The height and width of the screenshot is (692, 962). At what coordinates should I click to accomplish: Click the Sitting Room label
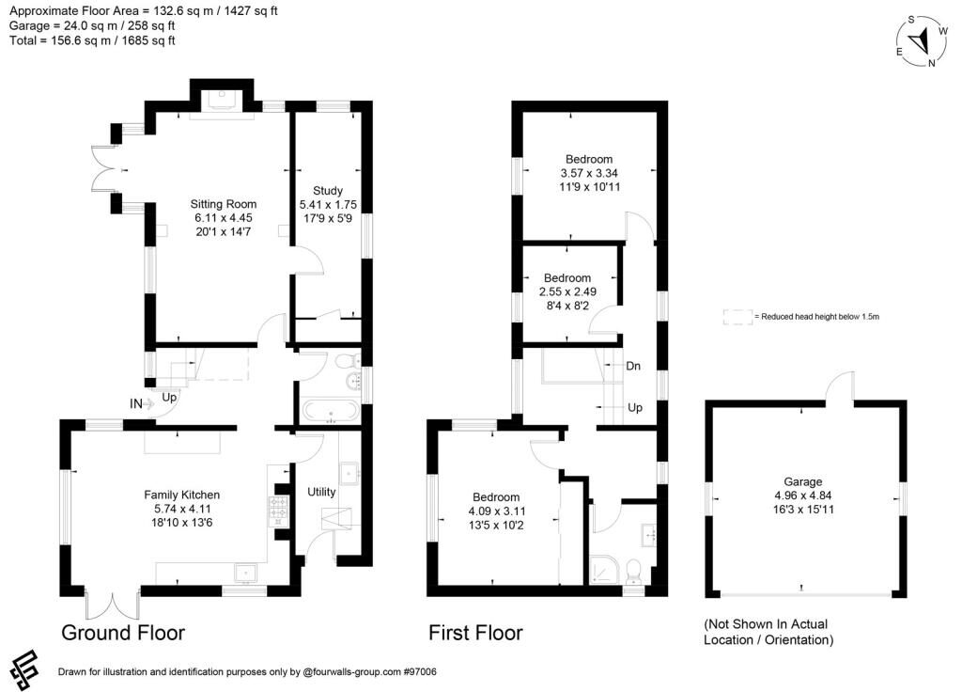pyautogui.click(x=223, y=204)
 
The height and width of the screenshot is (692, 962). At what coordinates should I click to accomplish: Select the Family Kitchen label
pyautogui.click(x=181, y=495)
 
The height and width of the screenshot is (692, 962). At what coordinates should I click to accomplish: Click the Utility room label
pyautogui.click(x=321, y=491)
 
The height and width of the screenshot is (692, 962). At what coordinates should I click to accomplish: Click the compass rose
pyautogui.click(x=923, y=40)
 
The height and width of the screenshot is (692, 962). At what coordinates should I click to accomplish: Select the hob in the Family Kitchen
pyautogui.click(x=279, y=509)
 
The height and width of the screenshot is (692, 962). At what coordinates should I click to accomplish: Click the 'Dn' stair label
pyautogui.click(x=633, y=366)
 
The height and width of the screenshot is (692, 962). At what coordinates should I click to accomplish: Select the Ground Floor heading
pyautogui.click(x=123, y=633)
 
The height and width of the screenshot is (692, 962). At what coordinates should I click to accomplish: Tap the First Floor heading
pyautogui.click(x=475, y=633)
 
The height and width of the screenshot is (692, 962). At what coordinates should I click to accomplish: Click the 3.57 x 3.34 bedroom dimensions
pyautogui.click(x=589, y=173)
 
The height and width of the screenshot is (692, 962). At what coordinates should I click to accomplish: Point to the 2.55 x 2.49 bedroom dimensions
pyautogui.click(x=567, y=291)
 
